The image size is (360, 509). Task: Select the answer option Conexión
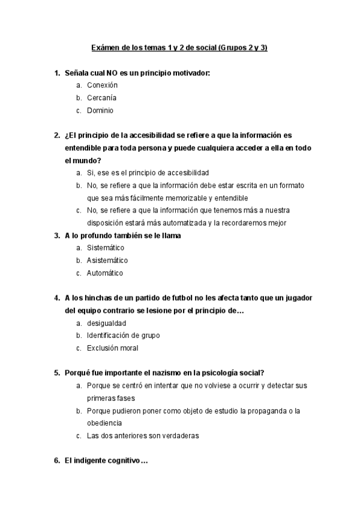point(102,85)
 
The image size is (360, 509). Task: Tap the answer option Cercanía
point(101,98)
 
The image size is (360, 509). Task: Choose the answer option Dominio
point(100,110)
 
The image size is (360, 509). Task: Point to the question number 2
point(56,135)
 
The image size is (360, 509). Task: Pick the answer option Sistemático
point(106,248)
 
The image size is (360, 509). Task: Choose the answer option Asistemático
point(107,261)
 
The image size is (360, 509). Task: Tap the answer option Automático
point(105,273)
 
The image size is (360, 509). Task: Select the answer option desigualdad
point(106,323)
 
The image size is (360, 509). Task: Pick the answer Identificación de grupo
point(123,336)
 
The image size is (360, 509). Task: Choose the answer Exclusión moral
point(112,348)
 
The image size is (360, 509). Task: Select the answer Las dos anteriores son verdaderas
point(142,436)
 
